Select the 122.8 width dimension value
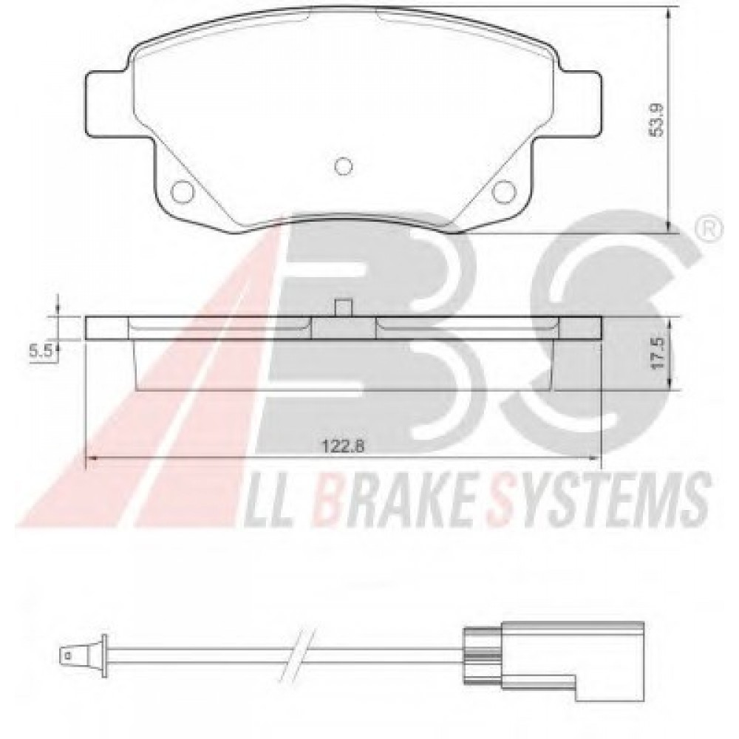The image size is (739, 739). (343, 444)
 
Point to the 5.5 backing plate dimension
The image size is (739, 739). (41, 350)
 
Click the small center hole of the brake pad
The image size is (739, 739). (343, 166)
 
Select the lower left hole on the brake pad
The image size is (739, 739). (182, 191)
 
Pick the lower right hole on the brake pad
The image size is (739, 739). (503, 191)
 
